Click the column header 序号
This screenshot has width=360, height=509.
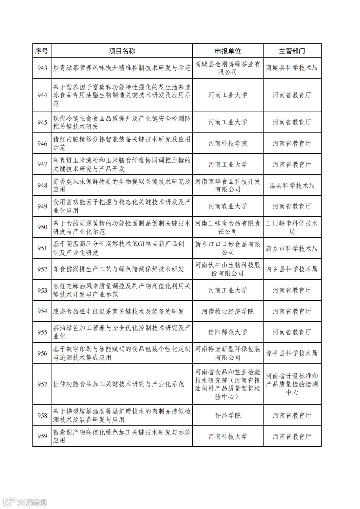pyautogui.click(x=42, y=51)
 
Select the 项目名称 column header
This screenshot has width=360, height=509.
pyautogui.click(x=122, y=51)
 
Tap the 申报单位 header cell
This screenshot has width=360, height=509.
pyautogui.click(x=228, y=51)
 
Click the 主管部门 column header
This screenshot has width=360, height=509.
pyautogui.click(x=292, y=51)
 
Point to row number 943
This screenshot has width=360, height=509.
pyautogui.click(x=42, y=68)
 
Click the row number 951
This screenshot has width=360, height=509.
pyautogui.click(x=42, y=248)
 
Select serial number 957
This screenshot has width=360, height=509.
pyautogui.click(x=42, y=384)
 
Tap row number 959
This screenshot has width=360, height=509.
pyautogui.click(x=42, y=436)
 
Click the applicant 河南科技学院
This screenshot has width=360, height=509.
pyautogui.click(x=228, y=144)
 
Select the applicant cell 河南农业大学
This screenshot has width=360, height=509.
pyautogui.click(x=228, y=206)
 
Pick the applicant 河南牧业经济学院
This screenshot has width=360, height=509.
pyautogui.click(x=228, y=312)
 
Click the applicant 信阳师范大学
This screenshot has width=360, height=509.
pyautogui.click(x=228, y=332)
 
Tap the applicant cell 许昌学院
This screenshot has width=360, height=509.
pyautogui.click(x=228, y=416)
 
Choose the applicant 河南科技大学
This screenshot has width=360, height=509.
pyautogui.click(x=228, y=436)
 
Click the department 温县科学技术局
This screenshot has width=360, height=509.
pyautogui.click(x=292, y=186)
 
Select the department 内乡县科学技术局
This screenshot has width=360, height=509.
pyautogui.click(x=292, y=269)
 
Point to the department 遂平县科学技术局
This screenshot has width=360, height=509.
pyautogui.click(x=292, y=353)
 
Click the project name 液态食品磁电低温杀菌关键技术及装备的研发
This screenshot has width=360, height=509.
pyautogui.click(x=119, y=312)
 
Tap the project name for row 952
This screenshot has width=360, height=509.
pyautogui.click(x=119, y=269)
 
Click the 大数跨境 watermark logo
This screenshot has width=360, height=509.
pyautogui.click(x=25, y=502)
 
